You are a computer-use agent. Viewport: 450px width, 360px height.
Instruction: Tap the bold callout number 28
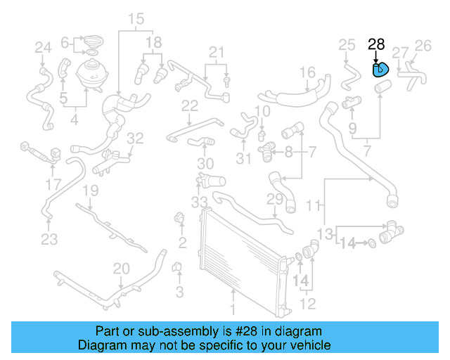point(376,45)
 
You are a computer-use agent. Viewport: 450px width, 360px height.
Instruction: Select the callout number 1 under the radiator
point(234,307)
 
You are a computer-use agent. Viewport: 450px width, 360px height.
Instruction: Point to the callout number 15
point(136,18)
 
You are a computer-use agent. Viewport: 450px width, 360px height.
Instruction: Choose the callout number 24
point(44,48)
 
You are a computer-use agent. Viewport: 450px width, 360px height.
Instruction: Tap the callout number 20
point(122,268)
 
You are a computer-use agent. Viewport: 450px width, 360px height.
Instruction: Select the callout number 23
point(49,240)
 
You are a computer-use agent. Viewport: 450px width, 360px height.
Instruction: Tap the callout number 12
point(309,304)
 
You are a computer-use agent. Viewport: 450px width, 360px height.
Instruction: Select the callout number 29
point(274,200)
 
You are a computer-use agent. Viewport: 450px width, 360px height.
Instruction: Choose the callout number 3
point(179,291)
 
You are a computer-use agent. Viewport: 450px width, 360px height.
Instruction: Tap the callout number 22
point(190,106)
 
